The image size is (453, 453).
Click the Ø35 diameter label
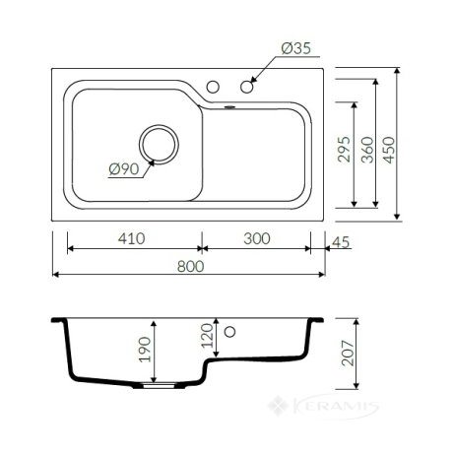coord(295,48)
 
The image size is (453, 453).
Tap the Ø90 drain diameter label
coord(124,169)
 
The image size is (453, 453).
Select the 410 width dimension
coord(131,238)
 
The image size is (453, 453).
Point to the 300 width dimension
coord(257,238)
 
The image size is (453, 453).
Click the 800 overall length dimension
coord(190,266)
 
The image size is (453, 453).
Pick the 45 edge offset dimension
coord(341,242)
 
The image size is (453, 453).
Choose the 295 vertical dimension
coord(344,150)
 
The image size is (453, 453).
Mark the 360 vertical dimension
coord(367,150)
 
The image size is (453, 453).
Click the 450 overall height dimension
coord(389,150)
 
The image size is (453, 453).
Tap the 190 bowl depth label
coord(145,350)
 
